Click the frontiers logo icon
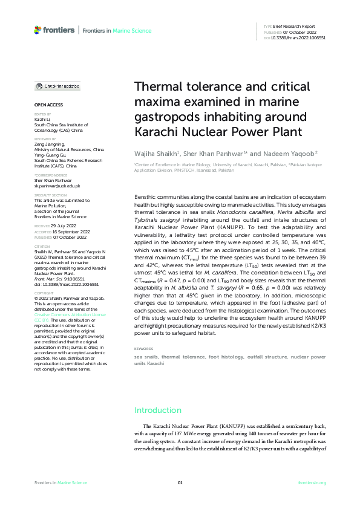[x=38, y=30]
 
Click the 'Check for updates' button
[x=57, y=86]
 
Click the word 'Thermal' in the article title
[x=159, y=87]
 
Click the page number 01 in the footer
[x=180, y=482]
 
